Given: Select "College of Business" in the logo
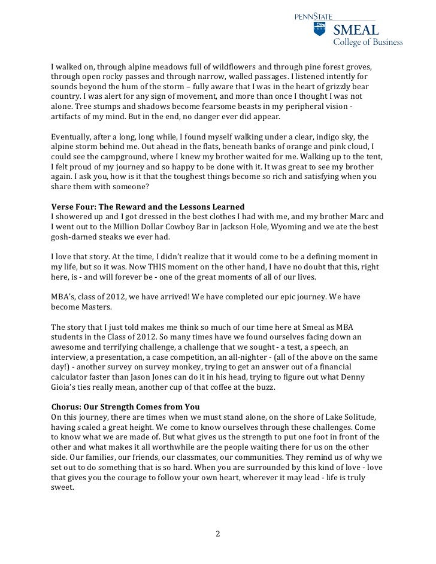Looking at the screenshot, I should (x=368, y=43).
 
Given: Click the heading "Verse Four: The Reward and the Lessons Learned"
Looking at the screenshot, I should (x=148, y=207).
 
